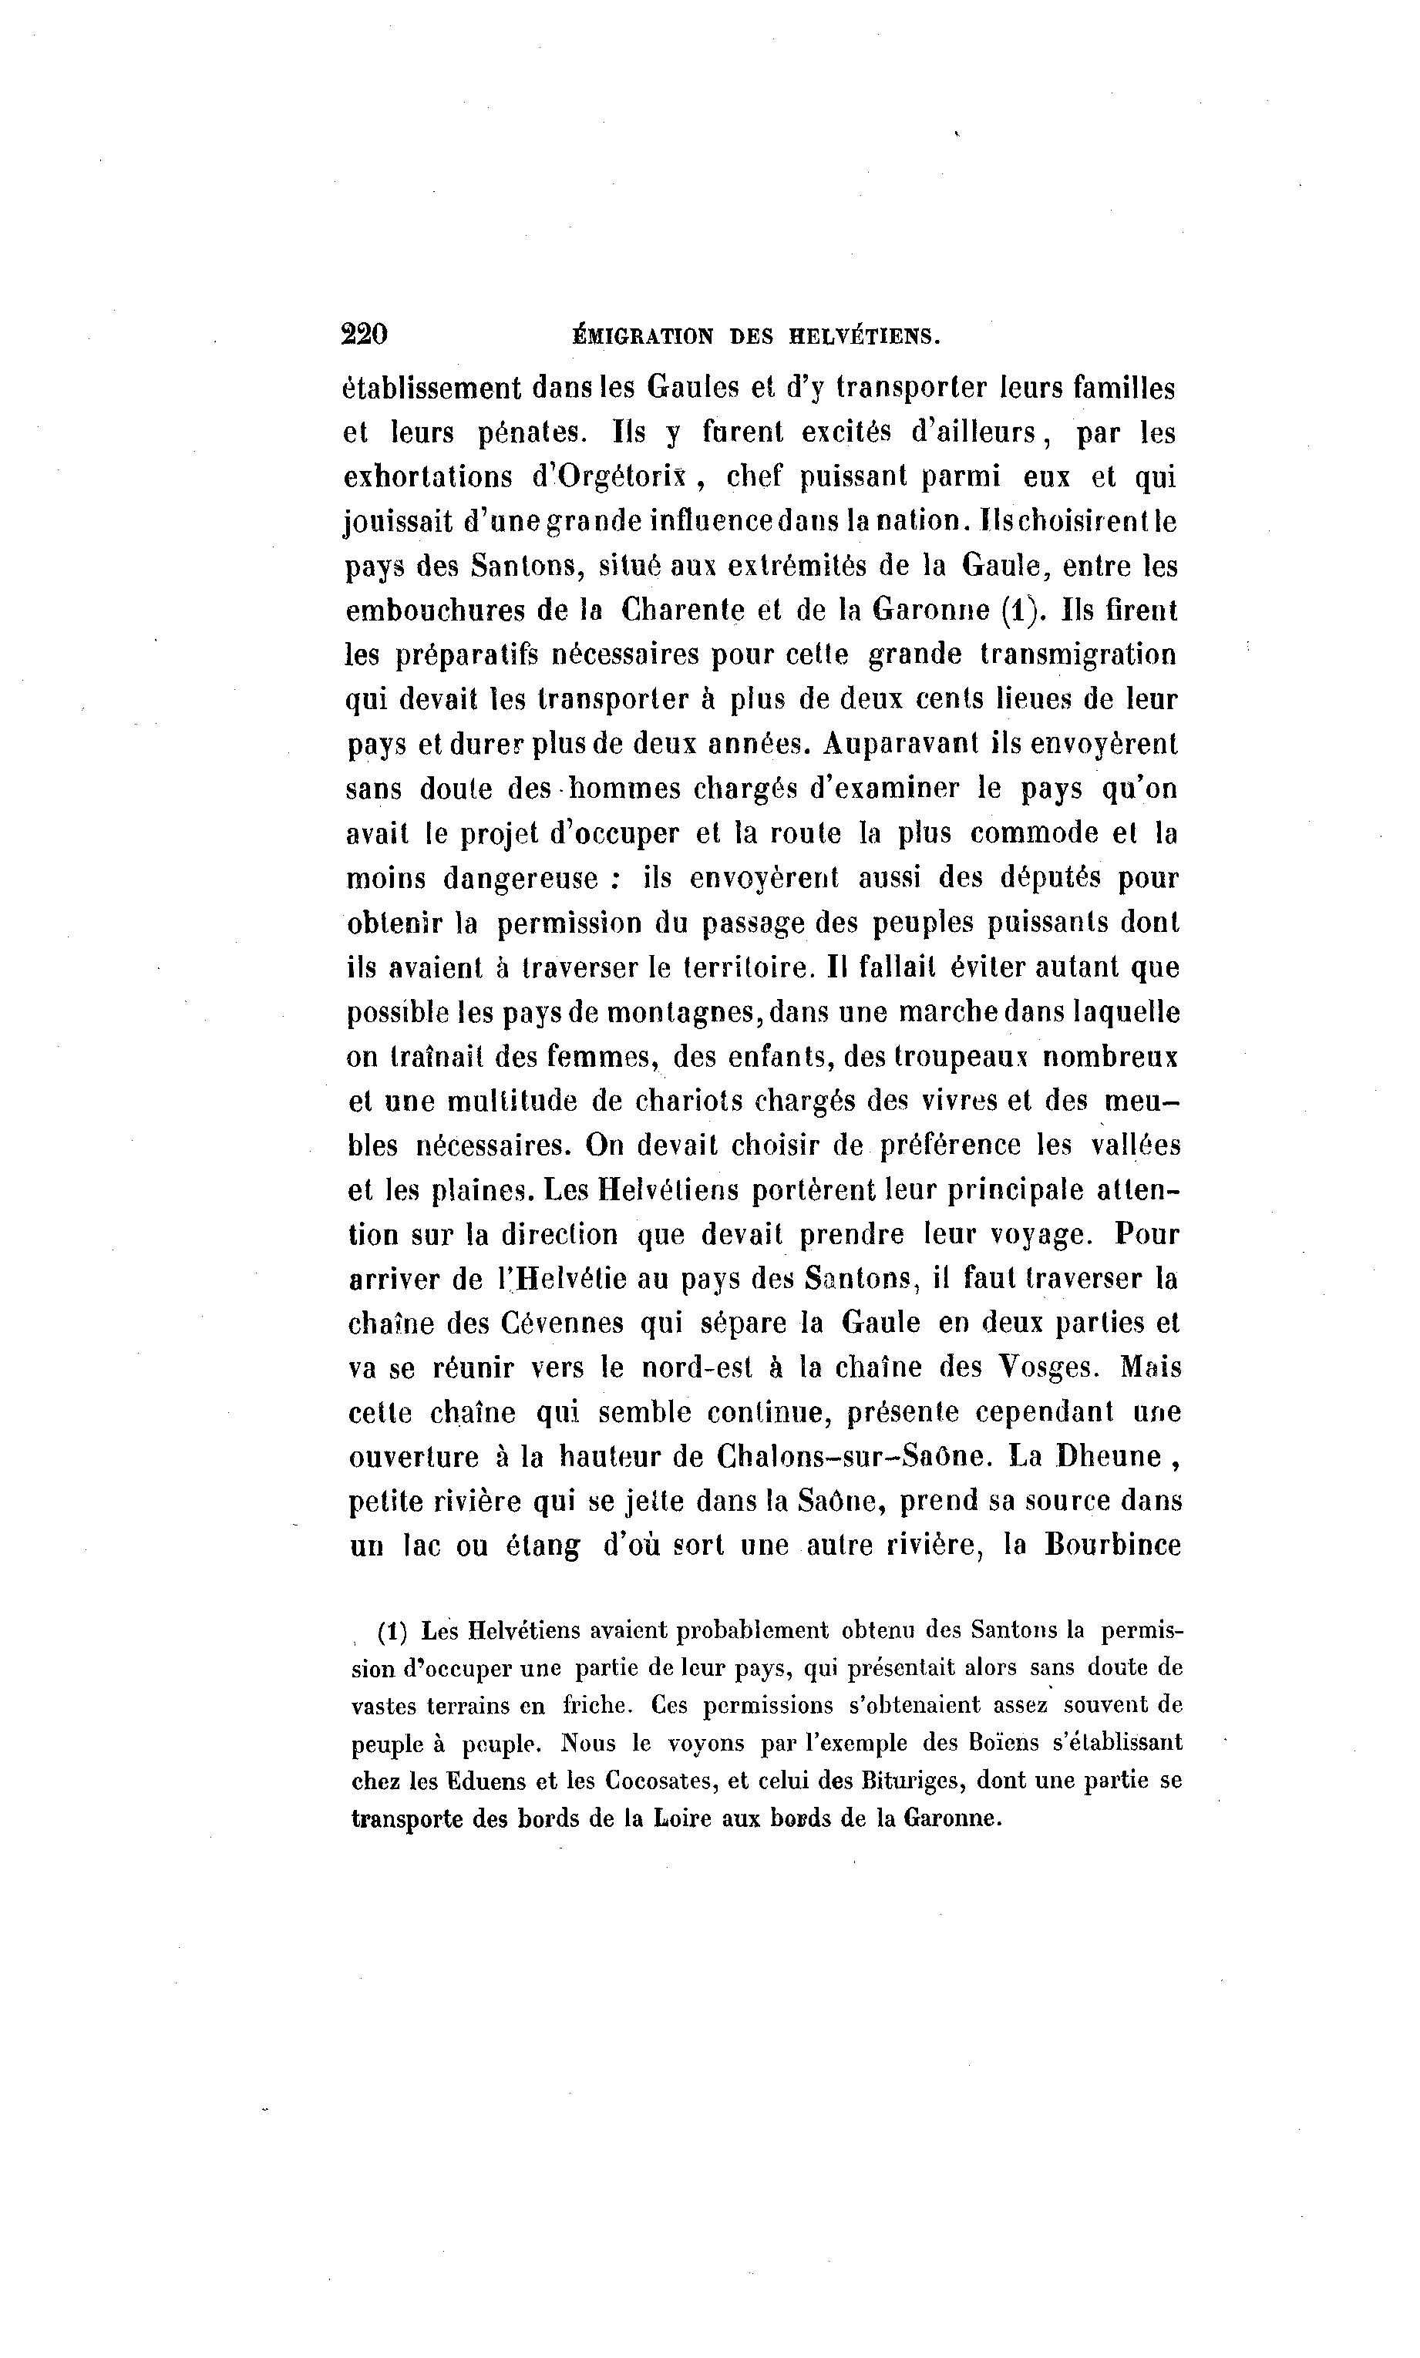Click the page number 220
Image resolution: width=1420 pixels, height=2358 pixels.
(x=364, y=335)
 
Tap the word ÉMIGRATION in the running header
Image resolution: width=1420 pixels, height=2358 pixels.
(x=641, y=336)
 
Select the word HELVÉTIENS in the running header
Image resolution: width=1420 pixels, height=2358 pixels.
(x=863, y=336)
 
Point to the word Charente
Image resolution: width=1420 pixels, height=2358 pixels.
(x=682, y=611)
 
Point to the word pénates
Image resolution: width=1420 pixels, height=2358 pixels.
(x=532, y=433)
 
